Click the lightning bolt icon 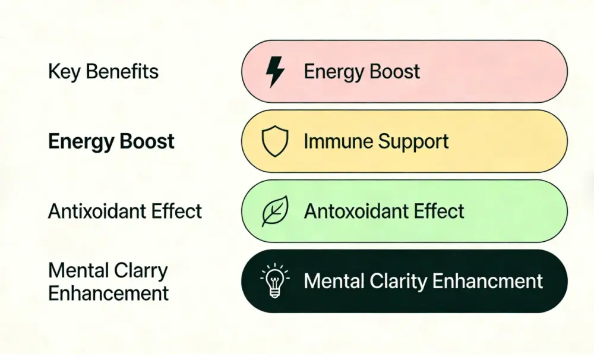coord(275,72)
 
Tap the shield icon coord(275,142)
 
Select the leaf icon coord(275,211)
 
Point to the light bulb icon coord(275,280)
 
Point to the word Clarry coord(143,271)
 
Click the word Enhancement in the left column coord(108,293)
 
